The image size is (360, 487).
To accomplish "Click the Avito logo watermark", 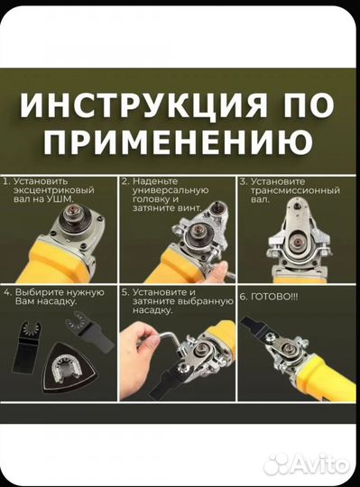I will pyautogui.click(x=307, y=464).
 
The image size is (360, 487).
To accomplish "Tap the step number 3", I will pyautogui.click(x=243, y=180).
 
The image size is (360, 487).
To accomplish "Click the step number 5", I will pyautogui.click(x=125, y=292).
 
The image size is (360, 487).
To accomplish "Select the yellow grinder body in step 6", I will pyautogui.click(x=334, y=388).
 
